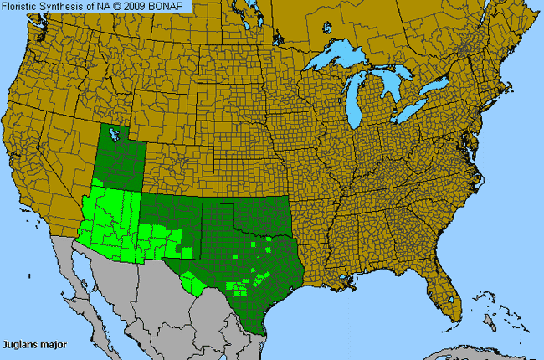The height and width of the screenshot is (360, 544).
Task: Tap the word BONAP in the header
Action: coord(171,7)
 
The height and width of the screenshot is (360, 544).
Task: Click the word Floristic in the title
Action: coord(23,7)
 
